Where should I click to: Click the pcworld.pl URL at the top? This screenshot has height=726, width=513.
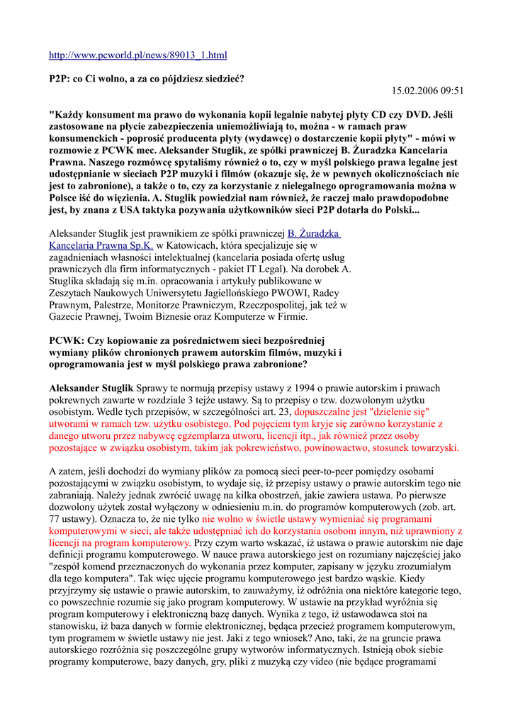coord(137,55)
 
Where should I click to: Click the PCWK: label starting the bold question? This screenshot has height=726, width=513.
coord(66,340)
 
